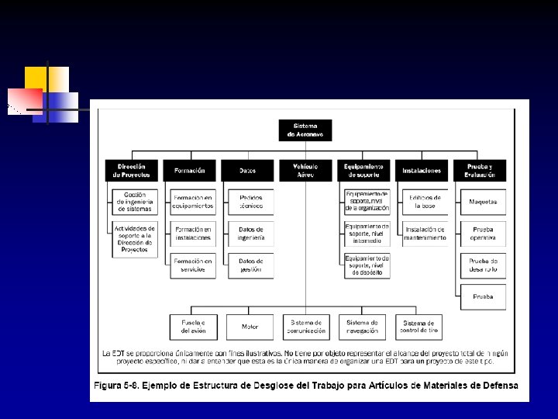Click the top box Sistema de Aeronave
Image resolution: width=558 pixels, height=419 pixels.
305,130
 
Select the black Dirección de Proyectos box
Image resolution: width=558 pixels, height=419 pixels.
132,171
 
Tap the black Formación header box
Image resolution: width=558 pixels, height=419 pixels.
190,171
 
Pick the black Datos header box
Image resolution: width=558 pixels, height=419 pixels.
247,171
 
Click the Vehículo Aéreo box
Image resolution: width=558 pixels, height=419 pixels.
305,171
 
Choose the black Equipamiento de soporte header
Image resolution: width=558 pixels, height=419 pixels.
363,171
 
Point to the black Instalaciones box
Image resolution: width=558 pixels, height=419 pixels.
422,171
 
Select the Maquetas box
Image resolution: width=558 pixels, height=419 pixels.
483,202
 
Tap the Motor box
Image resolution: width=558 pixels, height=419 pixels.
250,327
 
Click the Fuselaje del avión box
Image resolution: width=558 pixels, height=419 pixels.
193,327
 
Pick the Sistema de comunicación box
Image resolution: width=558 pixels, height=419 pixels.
306,327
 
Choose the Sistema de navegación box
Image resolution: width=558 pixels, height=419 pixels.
362,327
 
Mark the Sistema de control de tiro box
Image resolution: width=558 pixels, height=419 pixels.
418,327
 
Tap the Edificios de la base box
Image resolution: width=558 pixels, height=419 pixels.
425,202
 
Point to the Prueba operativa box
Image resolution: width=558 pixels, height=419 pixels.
483,234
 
